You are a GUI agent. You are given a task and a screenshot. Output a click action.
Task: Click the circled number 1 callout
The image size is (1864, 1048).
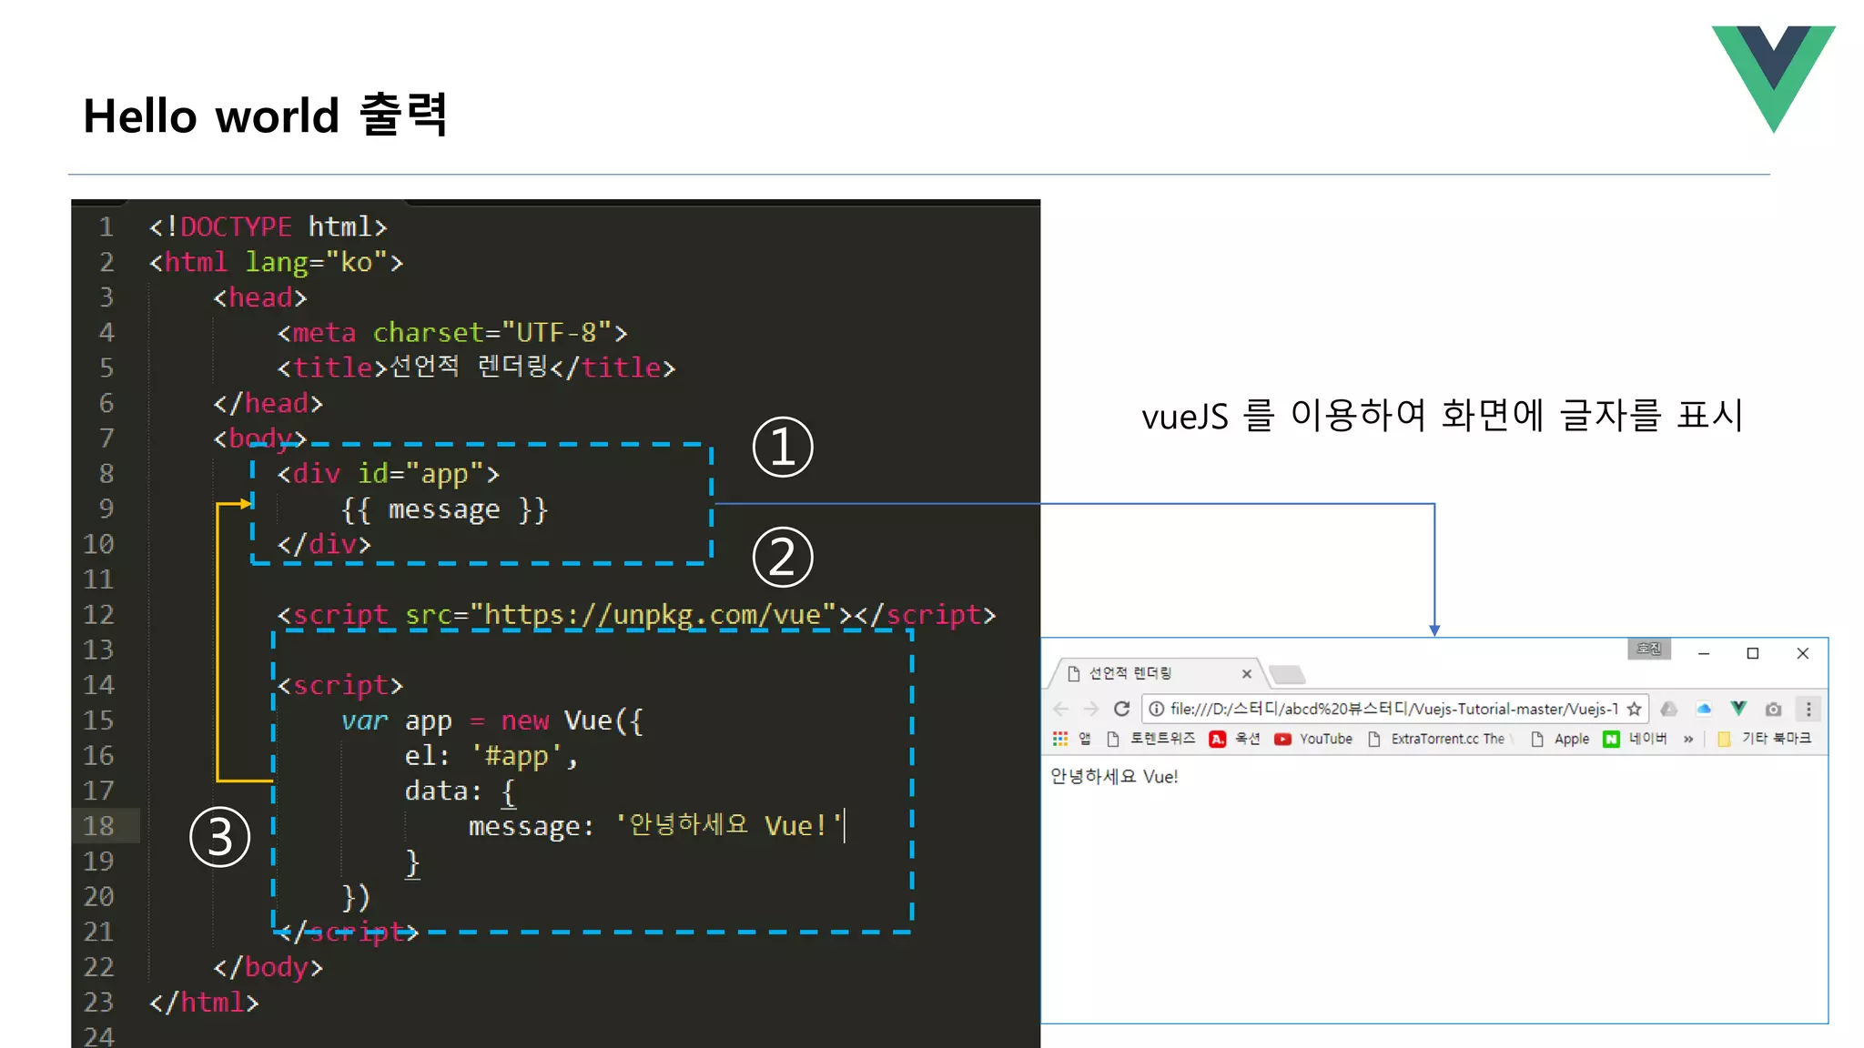pos(783,448)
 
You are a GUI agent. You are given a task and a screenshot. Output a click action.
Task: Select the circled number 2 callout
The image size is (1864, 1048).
pos(783,558)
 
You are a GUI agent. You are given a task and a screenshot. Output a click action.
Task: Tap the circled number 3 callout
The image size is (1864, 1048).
pos(219,837)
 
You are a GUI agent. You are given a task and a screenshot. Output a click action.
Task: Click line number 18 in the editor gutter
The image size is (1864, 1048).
pos(98,826)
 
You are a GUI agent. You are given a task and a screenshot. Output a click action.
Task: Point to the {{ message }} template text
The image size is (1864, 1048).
pos(444,509)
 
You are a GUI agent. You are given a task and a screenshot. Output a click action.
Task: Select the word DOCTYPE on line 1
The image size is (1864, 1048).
pos(236,227)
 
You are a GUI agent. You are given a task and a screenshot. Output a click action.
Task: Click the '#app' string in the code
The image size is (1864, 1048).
pos(516,756)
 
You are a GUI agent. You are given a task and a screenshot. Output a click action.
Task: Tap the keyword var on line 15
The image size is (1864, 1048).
pos(364,720)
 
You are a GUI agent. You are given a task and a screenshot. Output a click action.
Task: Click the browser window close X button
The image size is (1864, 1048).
pos(1802,653)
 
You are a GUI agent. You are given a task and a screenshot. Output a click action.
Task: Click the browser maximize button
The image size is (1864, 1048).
pos(1753,653)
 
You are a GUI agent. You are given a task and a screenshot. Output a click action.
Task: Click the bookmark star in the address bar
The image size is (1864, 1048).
pos(1634,709)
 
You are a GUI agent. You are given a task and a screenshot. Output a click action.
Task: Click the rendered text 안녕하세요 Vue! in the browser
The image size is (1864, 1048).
pos(1114,777)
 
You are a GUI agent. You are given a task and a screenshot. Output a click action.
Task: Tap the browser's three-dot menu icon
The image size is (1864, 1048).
pos(1808,709)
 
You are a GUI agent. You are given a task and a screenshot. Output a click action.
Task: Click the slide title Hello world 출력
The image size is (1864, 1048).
pos(265,116)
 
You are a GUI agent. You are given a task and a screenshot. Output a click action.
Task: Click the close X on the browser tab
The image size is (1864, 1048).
pos(1247,674)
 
